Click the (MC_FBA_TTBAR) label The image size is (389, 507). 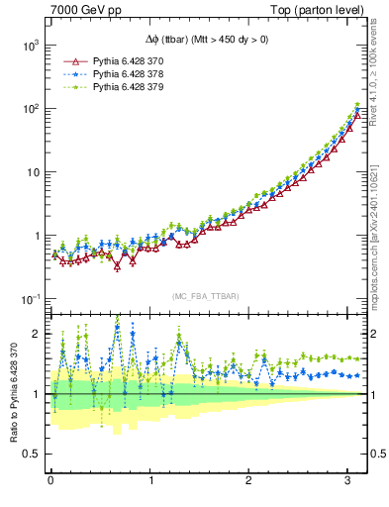205,297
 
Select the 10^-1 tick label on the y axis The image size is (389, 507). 28,299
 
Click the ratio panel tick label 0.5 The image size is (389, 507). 31,454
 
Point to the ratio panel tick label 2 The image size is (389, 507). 36,334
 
